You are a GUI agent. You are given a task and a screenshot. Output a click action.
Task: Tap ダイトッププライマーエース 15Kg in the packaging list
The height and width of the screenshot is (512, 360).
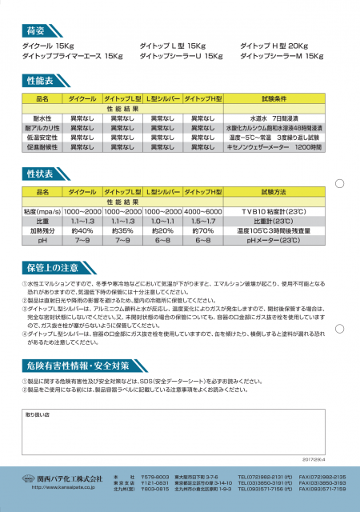[71, 56]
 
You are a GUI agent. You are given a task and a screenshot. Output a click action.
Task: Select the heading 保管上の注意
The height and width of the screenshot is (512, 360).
[50, 267]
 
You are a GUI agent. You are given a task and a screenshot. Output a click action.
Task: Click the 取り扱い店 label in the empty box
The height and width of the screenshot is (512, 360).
[38, 415]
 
